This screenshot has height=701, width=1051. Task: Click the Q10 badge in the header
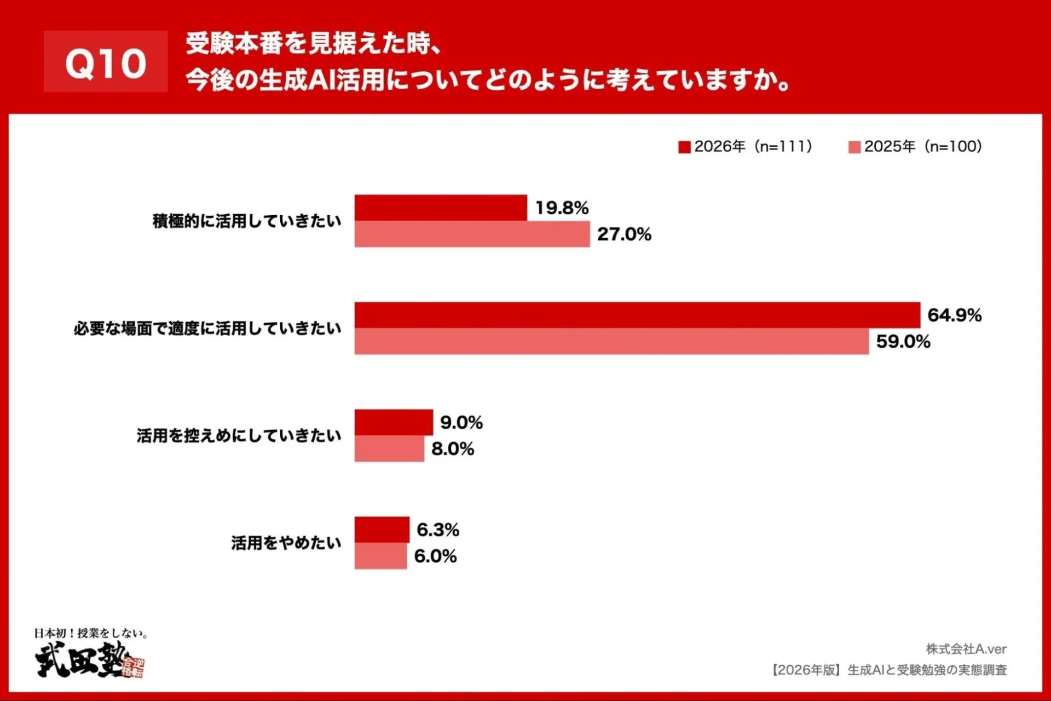[106, 62]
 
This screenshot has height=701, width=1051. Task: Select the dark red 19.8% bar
[441, 208]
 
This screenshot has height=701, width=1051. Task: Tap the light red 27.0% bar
[472, 234]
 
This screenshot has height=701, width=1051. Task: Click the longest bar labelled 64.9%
[637, 315]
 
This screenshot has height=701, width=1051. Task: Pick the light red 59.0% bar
[611, 342]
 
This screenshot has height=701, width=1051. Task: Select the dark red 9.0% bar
[394, 422]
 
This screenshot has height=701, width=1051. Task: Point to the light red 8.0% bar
[389, 449]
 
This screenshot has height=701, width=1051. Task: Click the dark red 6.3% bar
[382, 530]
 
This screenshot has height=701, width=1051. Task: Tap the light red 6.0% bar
[380, 556]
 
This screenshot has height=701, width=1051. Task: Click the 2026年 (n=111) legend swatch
[684, 147]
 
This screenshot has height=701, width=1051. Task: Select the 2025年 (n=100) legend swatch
[854, 147]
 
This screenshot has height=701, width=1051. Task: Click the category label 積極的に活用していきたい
[247, 221]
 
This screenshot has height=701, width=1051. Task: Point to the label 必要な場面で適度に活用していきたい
[207, 329]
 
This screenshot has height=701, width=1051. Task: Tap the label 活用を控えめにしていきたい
[239, 436]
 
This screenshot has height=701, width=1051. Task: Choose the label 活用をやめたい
[286, 543]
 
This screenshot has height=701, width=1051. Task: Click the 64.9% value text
[954, 315]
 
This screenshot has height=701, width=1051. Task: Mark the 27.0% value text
[624, 234]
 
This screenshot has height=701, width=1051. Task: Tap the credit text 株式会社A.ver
[966, 649]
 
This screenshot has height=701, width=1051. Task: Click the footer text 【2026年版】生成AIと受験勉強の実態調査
[889, 670]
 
